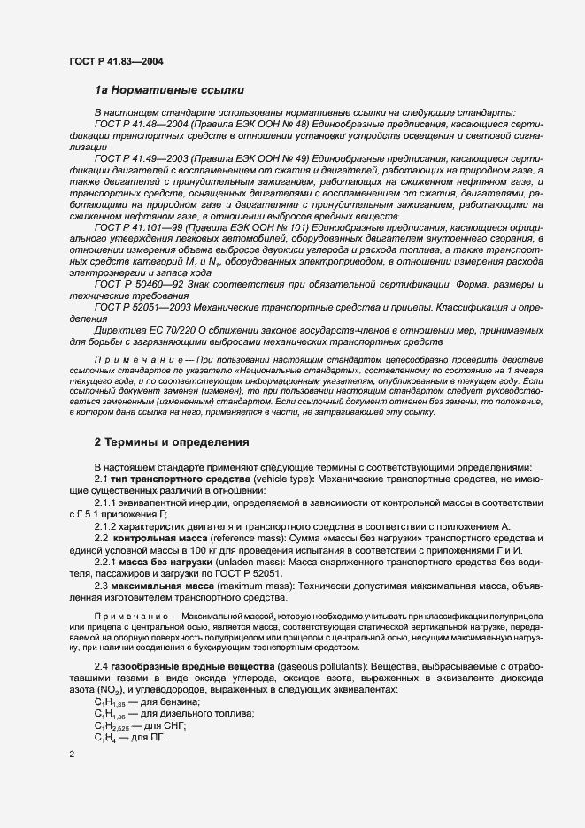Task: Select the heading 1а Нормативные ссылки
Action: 163,90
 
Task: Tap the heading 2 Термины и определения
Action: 172,441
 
